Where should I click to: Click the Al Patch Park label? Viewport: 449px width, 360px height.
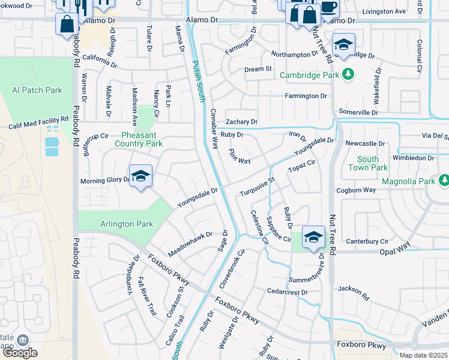click(x=37, y=90)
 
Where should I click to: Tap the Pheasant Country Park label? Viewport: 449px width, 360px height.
click(x=138, y=139)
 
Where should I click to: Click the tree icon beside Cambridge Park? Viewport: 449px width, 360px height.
click(x=347, y=74)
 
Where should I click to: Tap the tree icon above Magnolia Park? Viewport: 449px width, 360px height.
click(x=444, y=179)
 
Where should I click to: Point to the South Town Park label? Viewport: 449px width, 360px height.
click(x=367, y=163)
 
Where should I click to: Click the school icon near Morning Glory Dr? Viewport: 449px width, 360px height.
click(x=140, y=176)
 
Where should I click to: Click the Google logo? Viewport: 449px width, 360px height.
click(x=19, y=353)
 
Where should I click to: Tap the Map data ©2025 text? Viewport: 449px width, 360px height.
click(x=423, y=355)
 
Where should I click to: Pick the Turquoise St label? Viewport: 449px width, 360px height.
click(x=256, y=186)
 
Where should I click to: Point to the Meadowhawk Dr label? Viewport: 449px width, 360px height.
click(x=190, y=245)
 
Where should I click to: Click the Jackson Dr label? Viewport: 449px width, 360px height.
click(x=352, y=289)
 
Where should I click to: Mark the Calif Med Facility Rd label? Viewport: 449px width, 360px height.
click(x=37, y=124)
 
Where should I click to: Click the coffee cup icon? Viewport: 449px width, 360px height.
click(x=328, y=7)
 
